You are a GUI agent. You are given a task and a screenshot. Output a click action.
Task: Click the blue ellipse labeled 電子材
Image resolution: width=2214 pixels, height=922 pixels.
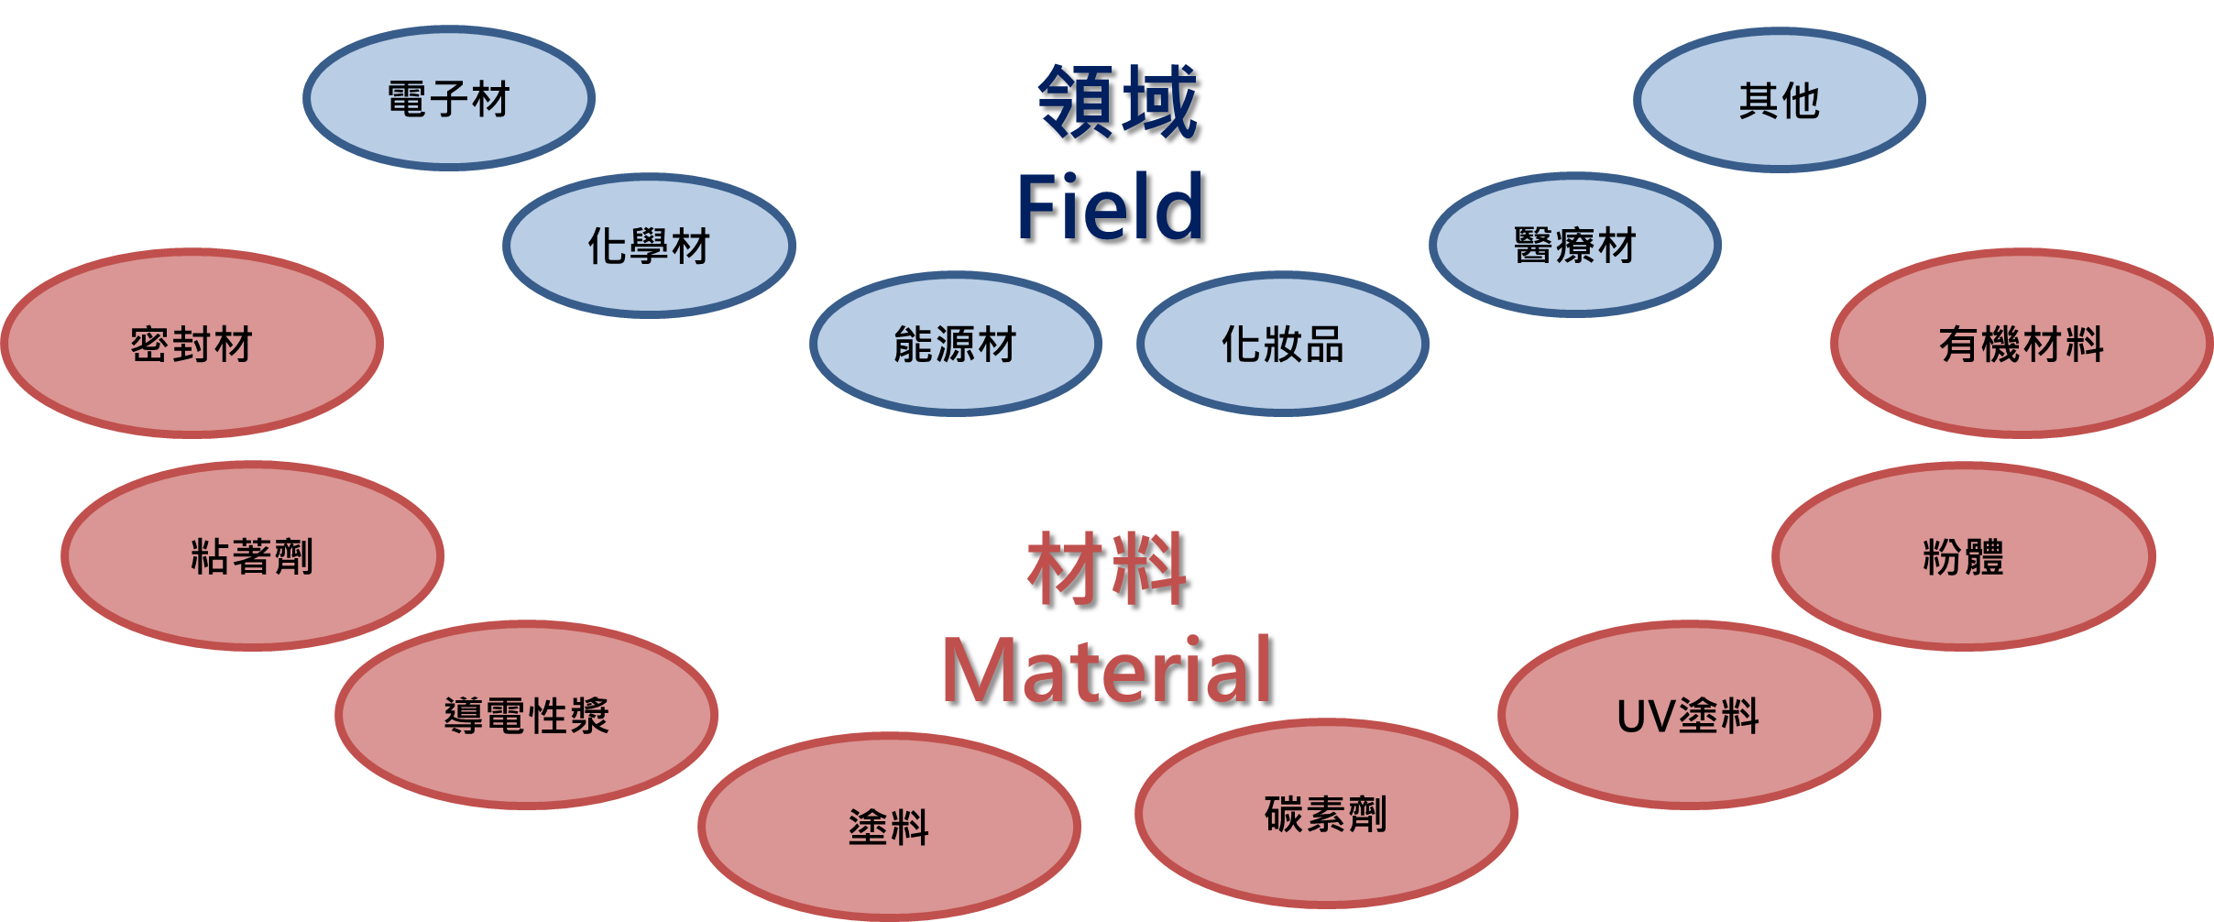point(448,98)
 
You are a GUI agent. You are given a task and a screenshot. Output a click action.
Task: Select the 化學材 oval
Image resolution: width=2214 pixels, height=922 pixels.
point(649,246)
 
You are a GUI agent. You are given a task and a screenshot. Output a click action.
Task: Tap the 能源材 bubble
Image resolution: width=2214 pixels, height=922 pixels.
point(955,345)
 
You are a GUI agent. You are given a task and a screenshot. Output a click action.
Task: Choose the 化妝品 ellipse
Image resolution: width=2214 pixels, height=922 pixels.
point(1282,345)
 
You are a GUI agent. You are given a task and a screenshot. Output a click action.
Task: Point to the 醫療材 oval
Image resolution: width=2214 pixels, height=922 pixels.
point(1574,246)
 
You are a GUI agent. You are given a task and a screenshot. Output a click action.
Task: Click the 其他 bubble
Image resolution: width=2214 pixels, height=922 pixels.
point(1779,100)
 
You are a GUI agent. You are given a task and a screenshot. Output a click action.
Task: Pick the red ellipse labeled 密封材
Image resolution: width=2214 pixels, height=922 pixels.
point(192,344)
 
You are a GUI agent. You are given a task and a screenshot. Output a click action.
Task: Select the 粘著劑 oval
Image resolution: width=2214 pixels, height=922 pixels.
point(252,556)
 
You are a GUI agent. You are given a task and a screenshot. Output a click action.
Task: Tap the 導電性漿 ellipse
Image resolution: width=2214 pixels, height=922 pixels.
point(526,715)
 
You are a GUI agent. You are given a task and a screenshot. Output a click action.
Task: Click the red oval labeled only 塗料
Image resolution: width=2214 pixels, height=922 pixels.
point(888,827)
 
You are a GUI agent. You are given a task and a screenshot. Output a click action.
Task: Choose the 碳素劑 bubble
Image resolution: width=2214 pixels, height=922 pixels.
point(1325,814)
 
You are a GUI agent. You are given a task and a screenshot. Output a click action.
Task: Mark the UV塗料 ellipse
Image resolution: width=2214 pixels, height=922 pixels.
point(1688,715)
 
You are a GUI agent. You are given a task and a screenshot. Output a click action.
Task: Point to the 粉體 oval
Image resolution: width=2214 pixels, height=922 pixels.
point(1963,556)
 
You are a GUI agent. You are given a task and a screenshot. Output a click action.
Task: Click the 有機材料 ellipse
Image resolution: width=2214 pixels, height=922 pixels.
point(2022,344)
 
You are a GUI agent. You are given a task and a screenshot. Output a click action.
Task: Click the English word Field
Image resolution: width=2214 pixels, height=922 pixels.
point(1109,207)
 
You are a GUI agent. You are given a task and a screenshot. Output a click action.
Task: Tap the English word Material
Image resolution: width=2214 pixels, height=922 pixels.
point(1106,671)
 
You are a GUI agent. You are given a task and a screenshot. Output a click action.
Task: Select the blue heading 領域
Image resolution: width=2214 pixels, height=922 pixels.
point(1117,101)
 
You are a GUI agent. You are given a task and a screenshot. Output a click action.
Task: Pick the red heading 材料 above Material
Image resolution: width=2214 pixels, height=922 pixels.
point(1107,568)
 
